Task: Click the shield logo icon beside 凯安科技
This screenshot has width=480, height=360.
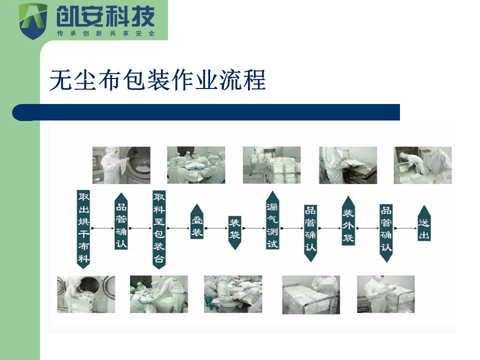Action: click(x=33, y=21)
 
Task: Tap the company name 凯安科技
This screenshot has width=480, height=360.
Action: click(x=105, y=16)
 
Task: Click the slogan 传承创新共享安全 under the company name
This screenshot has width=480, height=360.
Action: click(x=106, y=33)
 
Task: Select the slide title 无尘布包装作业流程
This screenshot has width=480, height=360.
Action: click(x=157, y=80)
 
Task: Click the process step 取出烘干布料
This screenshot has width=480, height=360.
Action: click(x=83, y=229)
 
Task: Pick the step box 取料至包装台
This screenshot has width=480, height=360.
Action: click(x=159, y=229)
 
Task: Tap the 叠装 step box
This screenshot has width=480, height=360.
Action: click(x=197, y=221)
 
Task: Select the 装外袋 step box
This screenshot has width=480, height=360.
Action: click(x=348, y=221)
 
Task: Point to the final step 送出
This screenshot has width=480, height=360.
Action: click(x=424, y=223)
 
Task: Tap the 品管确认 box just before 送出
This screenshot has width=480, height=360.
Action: click(x=386, y=233)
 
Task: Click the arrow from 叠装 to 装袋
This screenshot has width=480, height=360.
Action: click(x=216, y=228)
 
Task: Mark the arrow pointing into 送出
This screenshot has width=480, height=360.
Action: click(x=405, y=228)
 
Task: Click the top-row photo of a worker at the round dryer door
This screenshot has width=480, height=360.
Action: click(x=121, y=165)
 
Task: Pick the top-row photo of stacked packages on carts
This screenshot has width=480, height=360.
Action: click(x=272, y=165)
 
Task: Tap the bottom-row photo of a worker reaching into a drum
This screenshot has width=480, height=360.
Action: click(x=86, y=294)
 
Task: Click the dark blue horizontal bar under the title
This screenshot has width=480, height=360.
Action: click(x=206, y=112)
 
